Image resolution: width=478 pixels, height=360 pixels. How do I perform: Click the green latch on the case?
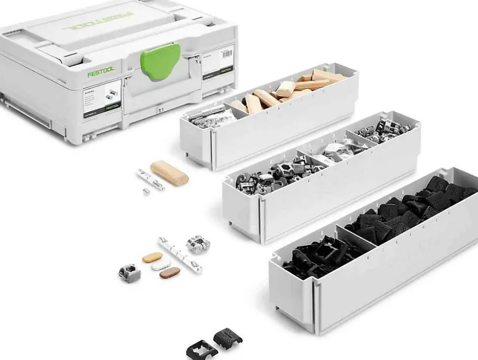coord(161,62)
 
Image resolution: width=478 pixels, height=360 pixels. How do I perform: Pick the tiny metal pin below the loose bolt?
coord(146,191)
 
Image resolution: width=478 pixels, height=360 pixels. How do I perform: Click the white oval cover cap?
coord(161,265)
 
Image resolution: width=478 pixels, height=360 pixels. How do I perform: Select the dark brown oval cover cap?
coord(170,272)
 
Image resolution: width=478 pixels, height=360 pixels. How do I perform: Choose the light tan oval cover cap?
coord(152,257)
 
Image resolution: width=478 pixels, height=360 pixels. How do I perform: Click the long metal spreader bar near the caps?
coord(180,255)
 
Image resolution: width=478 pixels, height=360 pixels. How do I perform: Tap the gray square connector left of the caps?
coord(130,270)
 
